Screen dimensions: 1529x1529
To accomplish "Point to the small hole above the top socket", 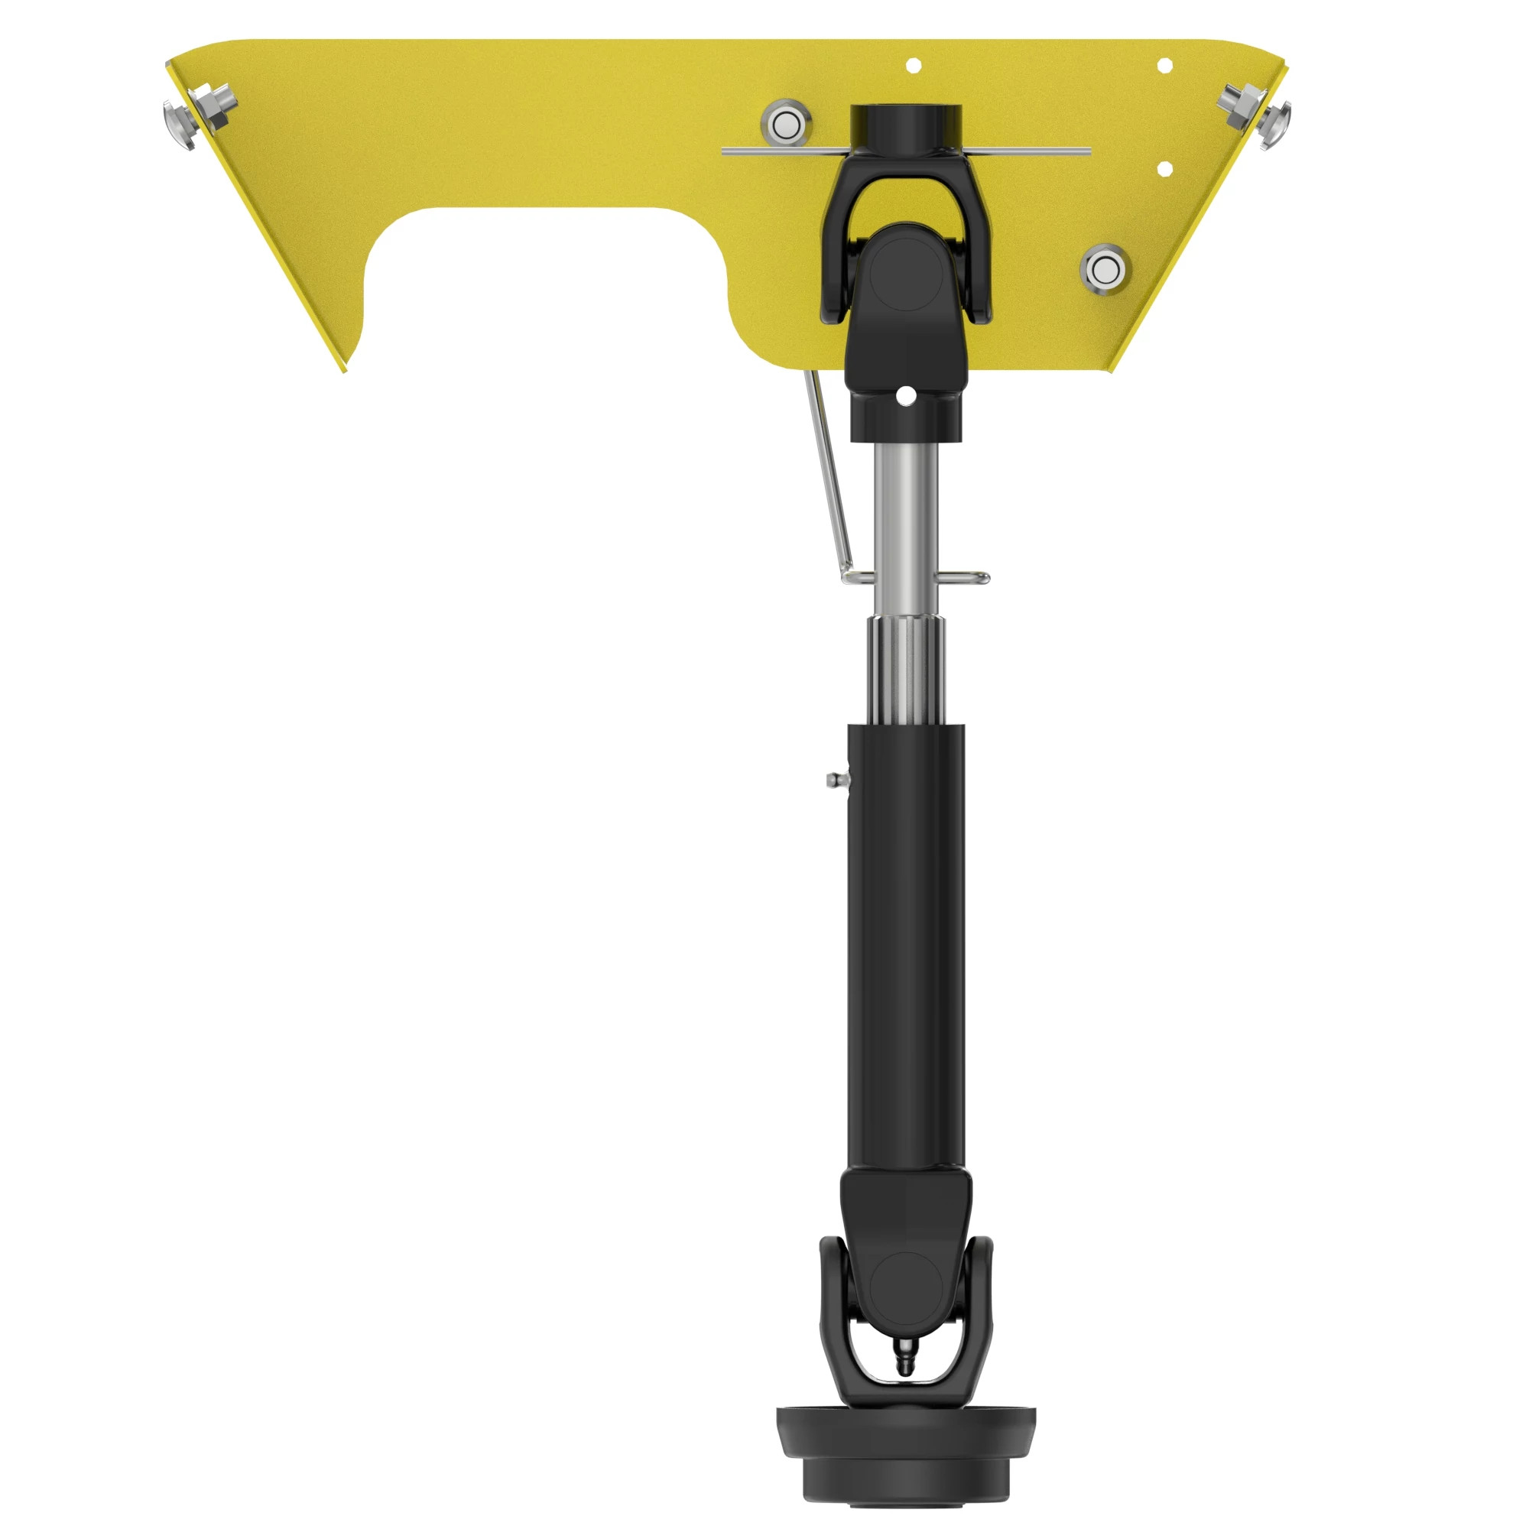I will pos(913,65).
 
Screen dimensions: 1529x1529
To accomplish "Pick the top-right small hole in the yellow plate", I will pos(1164,66).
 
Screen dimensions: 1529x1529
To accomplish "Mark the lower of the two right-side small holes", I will pos(1164,167).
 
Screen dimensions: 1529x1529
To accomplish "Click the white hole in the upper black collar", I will pos(906,395).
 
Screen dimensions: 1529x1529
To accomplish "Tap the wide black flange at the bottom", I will pos(906,1424).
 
